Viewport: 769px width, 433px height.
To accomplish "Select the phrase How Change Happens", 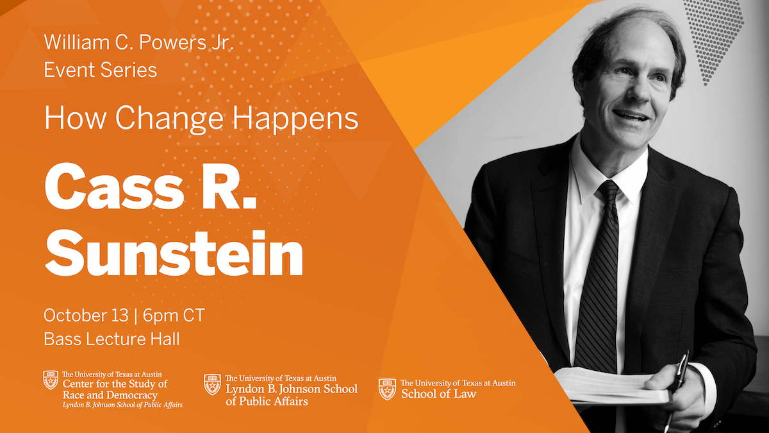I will point(201,119).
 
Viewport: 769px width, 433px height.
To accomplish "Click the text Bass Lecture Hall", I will point(112,339).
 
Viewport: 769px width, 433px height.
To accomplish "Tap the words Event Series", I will point(100,69).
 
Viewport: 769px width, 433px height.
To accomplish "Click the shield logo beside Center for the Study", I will point(51,380).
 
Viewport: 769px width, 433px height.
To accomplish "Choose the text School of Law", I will point(438,393).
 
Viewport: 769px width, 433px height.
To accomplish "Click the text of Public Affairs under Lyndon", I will point(267,401).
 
